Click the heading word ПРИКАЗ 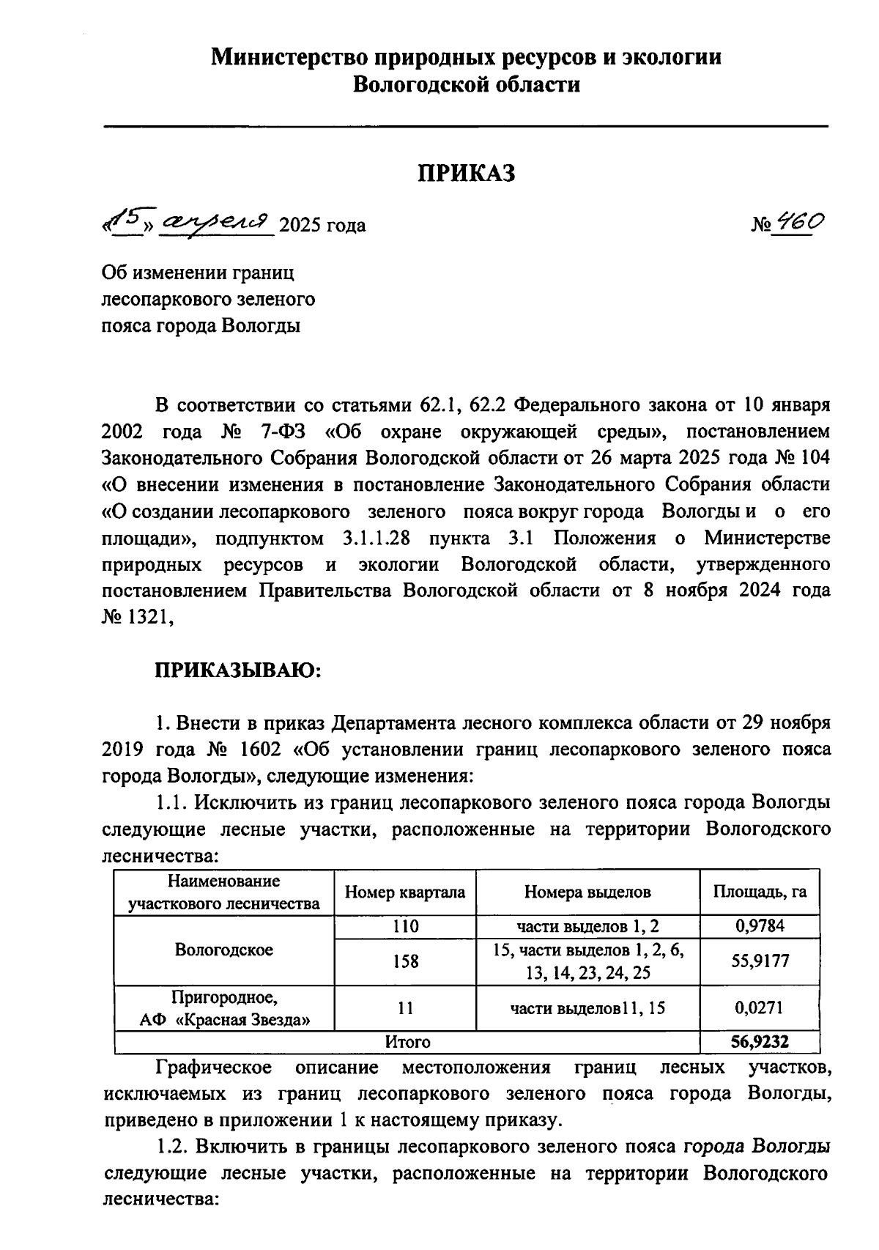466,174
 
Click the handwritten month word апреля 218,221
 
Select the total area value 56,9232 760,1041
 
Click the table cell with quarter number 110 405,925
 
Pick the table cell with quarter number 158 405,961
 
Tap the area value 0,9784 760,925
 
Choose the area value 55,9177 760,961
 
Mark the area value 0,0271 760,1007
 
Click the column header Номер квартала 404,892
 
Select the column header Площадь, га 760,892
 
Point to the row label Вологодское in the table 223,950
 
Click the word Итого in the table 408,1041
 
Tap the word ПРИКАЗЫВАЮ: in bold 237,670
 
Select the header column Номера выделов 587,892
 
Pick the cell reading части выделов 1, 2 587,925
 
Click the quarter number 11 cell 405,1007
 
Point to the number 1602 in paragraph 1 261,749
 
